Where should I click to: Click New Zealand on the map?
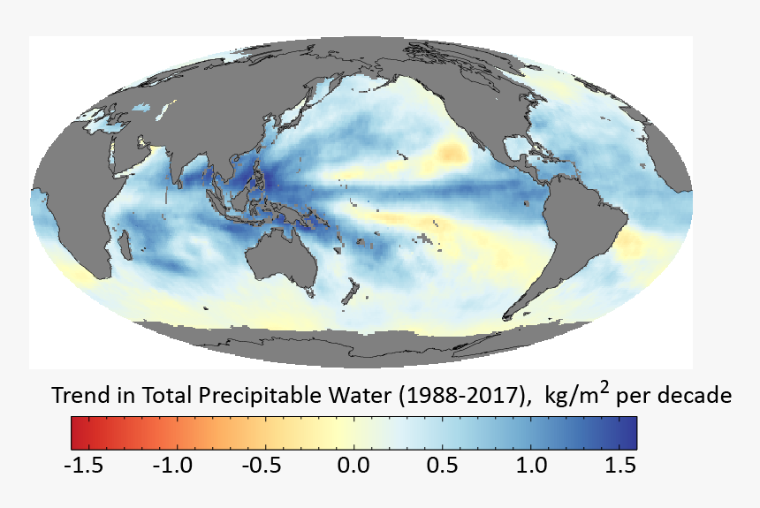coord(352,290)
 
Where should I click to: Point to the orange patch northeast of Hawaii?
coord(452,154)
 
